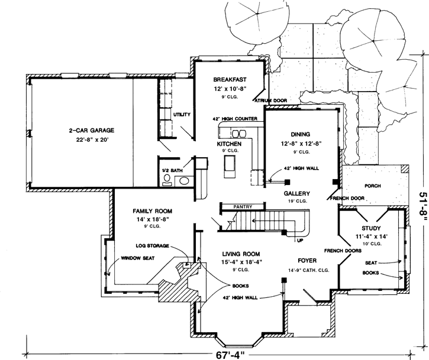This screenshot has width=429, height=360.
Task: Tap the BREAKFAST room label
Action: point(230,79)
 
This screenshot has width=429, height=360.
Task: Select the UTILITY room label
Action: point(182,114)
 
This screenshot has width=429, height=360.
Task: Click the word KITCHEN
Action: point(229,144)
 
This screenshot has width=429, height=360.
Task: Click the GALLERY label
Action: point(296,193)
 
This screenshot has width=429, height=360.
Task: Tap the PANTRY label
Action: point(242,206)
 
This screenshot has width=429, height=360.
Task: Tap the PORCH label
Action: point(372,186)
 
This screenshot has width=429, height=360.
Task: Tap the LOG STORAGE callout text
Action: point(153,245)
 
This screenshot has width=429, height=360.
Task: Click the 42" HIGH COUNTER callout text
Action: point(235,119)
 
